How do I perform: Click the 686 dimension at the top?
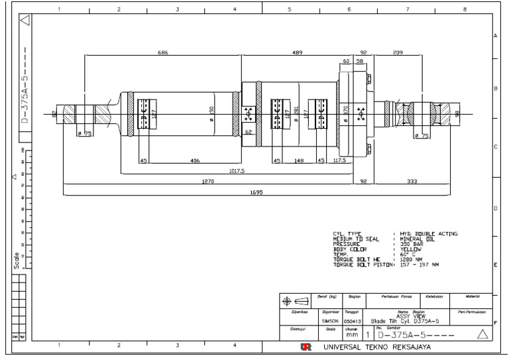point(162,52)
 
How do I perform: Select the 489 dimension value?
point(298,52)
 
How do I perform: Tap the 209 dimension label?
point(397,52)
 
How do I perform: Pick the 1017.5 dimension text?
point(236,170)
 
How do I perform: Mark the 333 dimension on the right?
point(412,180)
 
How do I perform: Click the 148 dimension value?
point(299,160)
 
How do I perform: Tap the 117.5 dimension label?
point(339,160)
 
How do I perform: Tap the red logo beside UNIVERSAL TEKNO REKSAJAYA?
point(305,347)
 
